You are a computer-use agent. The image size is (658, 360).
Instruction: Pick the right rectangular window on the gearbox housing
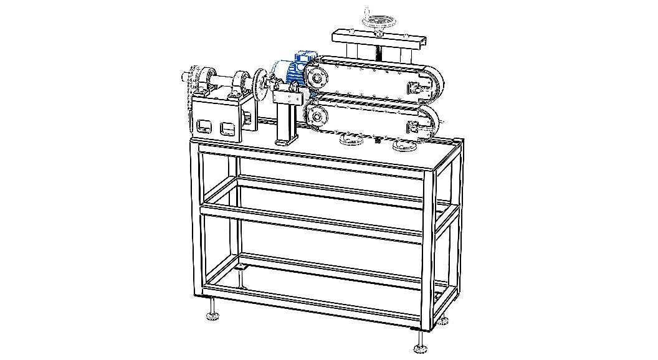(227, 130)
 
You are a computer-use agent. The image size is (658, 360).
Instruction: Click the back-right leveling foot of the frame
(443, 321)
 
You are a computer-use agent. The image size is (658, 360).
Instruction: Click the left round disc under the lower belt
(351, 141)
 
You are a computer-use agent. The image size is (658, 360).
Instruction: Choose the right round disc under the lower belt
(404, 146)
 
